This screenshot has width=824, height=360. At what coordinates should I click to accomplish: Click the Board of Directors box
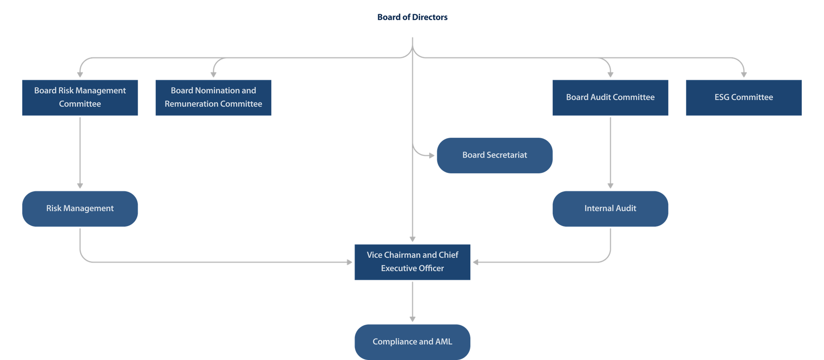coord(412,18)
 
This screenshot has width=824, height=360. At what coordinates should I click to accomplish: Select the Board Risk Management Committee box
coord(80,97)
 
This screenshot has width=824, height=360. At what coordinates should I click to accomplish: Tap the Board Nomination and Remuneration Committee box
coord(213,97)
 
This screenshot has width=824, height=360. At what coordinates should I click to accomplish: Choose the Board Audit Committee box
coord(610,97)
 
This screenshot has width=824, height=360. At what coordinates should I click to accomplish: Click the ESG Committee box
coord(743,97)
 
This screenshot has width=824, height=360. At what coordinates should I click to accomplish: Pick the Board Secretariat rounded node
coord(494,155)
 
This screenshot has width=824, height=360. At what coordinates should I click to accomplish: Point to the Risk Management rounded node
coord(80,209)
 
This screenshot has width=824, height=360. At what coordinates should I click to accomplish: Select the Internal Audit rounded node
coord(610,209)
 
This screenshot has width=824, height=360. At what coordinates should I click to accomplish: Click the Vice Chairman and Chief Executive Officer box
coord(412,262)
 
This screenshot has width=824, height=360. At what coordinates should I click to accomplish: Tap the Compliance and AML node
coord(412,342)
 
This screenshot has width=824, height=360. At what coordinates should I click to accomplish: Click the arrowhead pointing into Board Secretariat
coord(432,155)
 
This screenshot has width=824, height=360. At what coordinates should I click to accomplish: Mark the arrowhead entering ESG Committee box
coord(744,75)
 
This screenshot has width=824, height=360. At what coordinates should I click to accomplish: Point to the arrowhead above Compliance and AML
coord(412,319)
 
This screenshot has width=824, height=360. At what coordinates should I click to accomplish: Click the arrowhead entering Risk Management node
coord(80,186)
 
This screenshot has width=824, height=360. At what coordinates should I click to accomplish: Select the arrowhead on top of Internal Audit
coord(610,186)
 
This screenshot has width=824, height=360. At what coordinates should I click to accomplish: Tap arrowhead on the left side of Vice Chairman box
coord(349,262)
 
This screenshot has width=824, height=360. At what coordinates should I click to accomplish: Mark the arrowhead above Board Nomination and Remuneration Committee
coord(214,75)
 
